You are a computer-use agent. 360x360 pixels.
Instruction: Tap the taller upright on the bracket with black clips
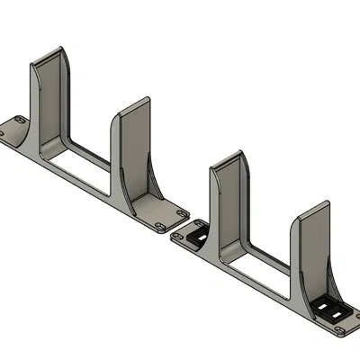[x=229, y=198]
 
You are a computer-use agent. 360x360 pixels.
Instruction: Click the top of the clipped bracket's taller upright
[x=230, y=157]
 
